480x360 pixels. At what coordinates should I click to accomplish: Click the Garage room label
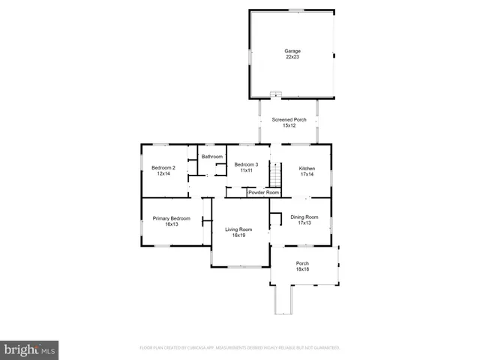tap(292, 51)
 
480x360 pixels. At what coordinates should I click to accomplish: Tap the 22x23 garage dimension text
tap(292, 57)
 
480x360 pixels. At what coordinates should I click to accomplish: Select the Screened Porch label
tap(289, 120)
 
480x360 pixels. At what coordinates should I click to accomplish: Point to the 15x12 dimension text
tap(289, 126)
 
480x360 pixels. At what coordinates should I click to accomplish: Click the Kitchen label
tap(307, 168)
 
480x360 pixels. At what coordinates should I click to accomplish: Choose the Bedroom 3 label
tap(246, 164)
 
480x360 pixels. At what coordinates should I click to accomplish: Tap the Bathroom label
tap(212, 157)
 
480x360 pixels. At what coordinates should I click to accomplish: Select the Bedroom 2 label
tap(163, 168)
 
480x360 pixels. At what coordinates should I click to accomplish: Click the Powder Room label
tap(263, 193)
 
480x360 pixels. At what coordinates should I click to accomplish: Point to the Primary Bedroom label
tap(172, 218)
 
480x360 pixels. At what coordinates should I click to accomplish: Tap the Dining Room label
tap(304, 217)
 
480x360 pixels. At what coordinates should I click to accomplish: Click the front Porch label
tap(302, 263)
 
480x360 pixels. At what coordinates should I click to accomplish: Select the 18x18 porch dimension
tap(302, 269)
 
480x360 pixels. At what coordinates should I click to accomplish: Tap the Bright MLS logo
tap(29, 349)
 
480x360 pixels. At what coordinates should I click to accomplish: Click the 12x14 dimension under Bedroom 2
tap(163, 174)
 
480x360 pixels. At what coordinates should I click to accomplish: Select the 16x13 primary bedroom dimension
tap(172, 224)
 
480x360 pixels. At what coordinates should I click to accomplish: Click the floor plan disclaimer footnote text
tap(240, 348)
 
